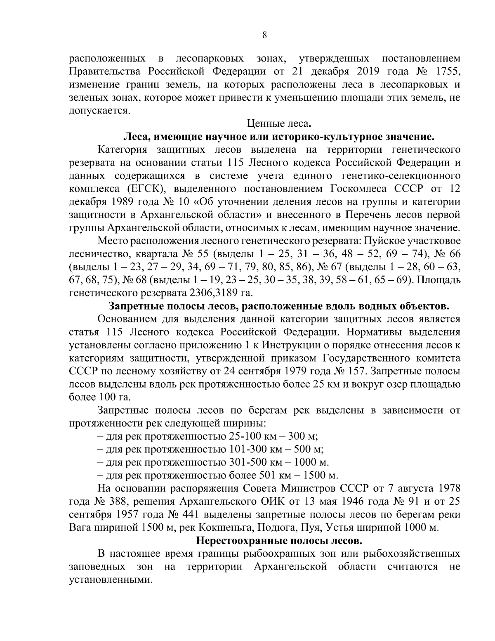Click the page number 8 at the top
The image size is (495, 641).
[x=264, y=35]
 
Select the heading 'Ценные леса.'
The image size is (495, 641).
[x=278, y=123]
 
